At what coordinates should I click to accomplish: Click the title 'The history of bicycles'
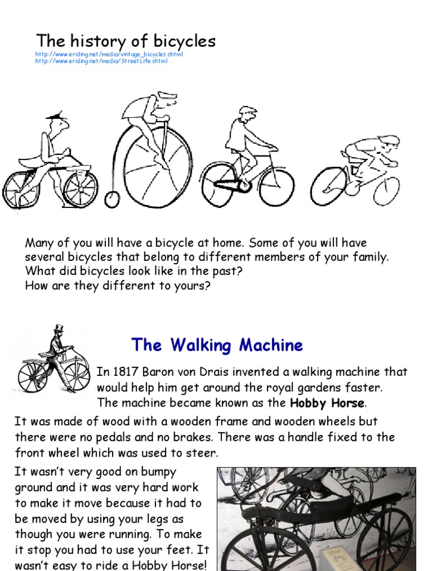[125, 41]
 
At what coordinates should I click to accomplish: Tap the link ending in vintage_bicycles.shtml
[109, 54]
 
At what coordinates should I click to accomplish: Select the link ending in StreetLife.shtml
[101, 61]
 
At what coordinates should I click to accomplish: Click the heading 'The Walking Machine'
[217, 345]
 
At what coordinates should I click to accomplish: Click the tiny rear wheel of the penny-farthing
[112, 199]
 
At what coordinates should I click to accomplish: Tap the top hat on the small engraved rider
[58, 327]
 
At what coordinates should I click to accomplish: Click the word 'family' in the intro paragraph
[369, 258]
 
